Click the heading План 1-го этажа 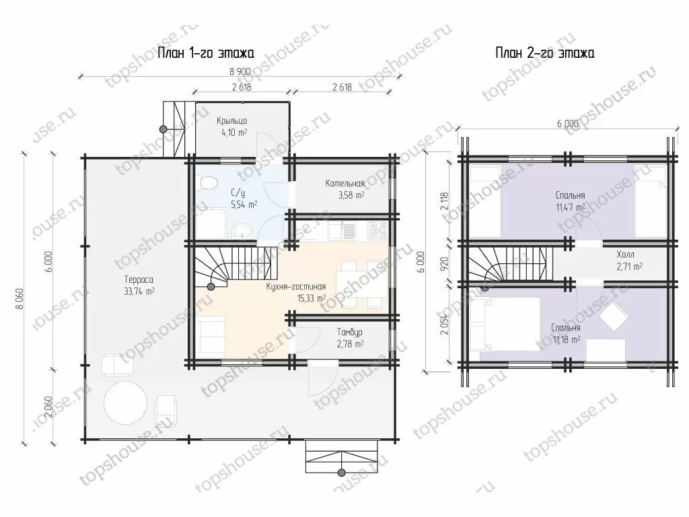coord(206,53)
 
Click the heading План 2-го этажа coord(545,53)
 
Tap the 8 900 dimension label coord(240,71)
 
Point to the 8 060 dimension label coord(20,298)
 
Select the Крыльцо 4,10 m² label coord(231,126)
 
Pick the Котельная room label coord(345,183)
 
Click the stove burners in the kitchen coord(378,230)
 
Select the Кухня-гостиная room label coord(296,287)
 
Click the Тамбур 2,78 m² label coord(350,338)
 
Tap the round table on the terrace coord(125,403)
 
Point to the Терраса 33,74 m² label coord(139,285)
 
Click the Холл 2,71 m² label coord(629,261)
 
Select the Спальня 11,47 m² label coord(571,201)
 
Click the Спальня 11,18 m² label coord(567,333)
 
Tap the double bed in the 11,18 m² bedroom coord(505,324)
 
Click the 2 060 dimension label coord(48,407)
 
